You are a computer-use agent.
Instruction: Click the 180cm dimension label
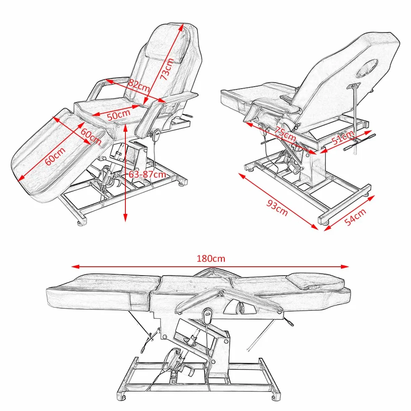[x=211, y=258]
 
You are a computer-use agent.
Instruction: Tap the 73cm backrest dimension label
[x=167, y=69]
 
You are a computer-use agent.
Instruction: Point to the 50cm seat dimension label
[x=118, y=114]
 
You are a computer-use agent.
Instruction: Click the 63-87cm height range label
[x=147, y=174]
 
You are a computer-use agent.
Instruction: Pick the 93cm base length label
[x=277, y=208]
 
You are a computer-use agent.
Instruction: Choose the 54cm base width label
[x=355, y=217]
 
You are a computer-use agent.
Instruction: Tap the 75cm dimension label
[x=285, y=134]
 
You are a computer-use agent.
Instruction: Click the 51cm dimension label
[x=342, y=138]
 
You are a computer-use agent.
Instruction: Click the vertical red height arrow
[x=125, y=173]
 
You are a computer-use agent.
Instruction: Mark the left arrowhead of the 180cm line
[x=75, y=267]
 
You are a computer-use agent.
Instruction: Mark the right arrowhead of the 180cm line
[x=345, y=267]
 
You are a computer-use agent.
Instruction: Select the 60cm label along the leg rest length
[x=55, y=156]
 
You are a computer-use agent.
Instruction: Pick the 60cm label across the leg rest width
[x=91, y=136]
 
